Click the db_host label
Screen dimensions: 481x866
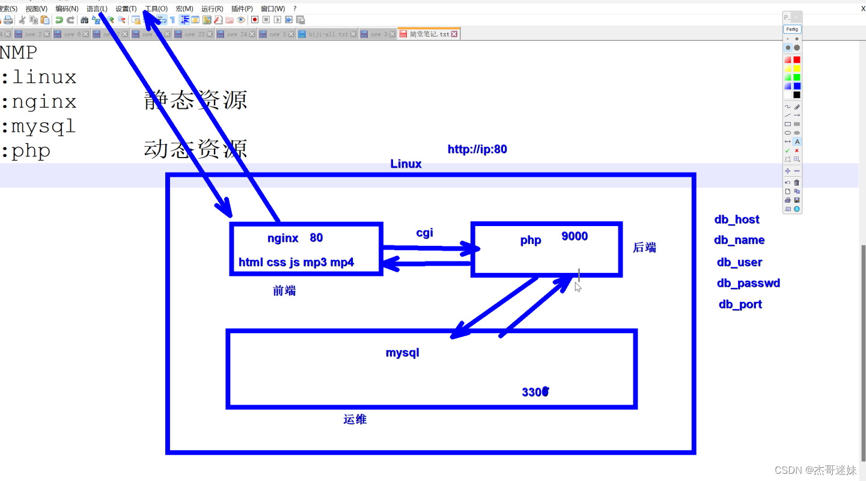[x=737, y=219]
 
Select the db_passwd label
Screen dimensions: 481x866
[x=748, y=283]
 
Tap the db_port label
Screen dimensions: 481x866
[x=740, y=304]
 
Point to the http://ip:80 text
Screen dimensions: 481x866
[x=477, y=149]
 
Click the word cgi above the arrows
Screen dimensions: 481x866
[x=425, y=233]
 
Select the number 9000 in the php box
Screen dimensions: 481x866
[x=575, y=236]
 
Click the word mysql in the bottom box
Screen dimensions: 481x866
[x=403, y=352]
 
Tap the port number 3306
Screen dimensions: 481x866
[x=535, y=392]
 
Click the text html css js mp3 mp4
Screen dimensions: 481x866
[x=296, y=262]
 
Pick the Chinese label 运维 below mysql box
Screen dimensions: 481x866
[x=355, y=420]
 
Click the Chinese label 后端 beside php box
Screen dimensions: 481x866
[x=645, y=248]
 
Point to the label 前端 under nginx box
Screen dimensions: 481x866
[x=284, y=291]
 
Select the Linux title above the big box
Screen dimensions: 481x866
[x=406, y=164]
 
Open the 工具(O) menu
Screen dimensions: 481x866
[x=156, y=9]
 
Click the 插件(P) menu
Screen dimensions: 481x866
[x=242, y=9]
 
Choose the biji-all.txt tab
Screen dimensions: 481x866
[x=328, y=34]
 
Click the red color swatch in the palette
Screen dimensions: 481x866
[x=797, y=60]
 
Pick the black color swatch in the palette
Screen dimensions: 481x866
[x=797, y=95]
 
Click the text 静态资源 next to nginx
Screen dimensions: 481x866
[x=196, y=100]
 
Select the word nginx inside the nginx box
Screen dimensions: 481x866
[x=283, y=238]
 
